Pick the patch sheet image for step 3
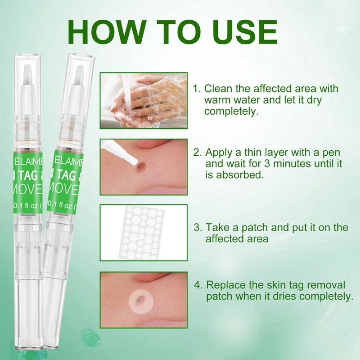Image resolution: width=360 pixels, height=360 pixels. [143, 233]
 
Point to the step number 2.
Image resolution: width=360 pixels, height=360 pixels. [196, 152]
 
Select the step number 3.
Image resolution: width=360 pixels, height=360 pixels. [196, 228]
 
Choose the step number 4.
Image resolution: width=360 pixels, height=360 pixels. [197, 285]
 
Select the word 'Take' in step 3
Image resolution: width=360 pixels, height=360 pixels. [216, 228]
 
